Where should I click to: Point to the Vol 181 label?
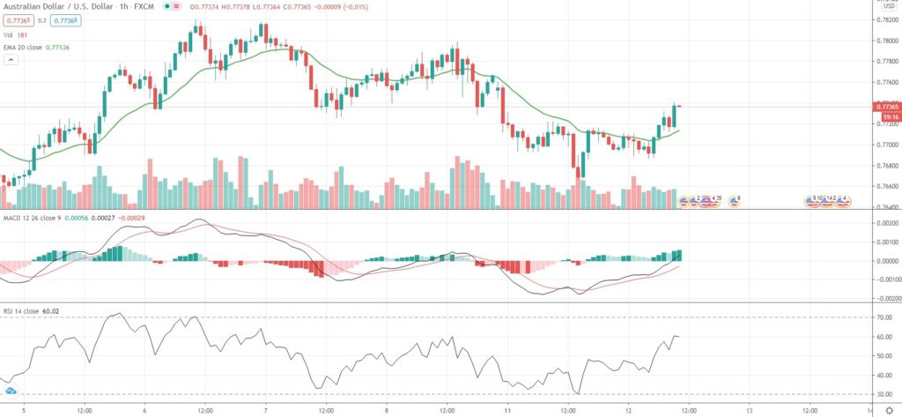pos(16,35)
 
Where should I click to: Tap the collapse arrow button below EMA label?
pos(11,59)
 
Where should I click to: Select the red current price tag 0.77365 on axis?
pos(884,106)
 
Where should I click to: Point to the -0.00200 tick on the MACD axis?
pos(884,298)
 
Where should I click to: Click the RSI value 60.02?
pos(50,311)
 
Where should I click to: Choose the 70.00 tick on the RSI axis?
pos(883,317)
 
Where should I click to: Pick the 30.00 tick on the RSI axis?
pos(883,394)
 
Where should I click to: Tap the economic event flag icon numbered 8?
pos(734,201)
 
